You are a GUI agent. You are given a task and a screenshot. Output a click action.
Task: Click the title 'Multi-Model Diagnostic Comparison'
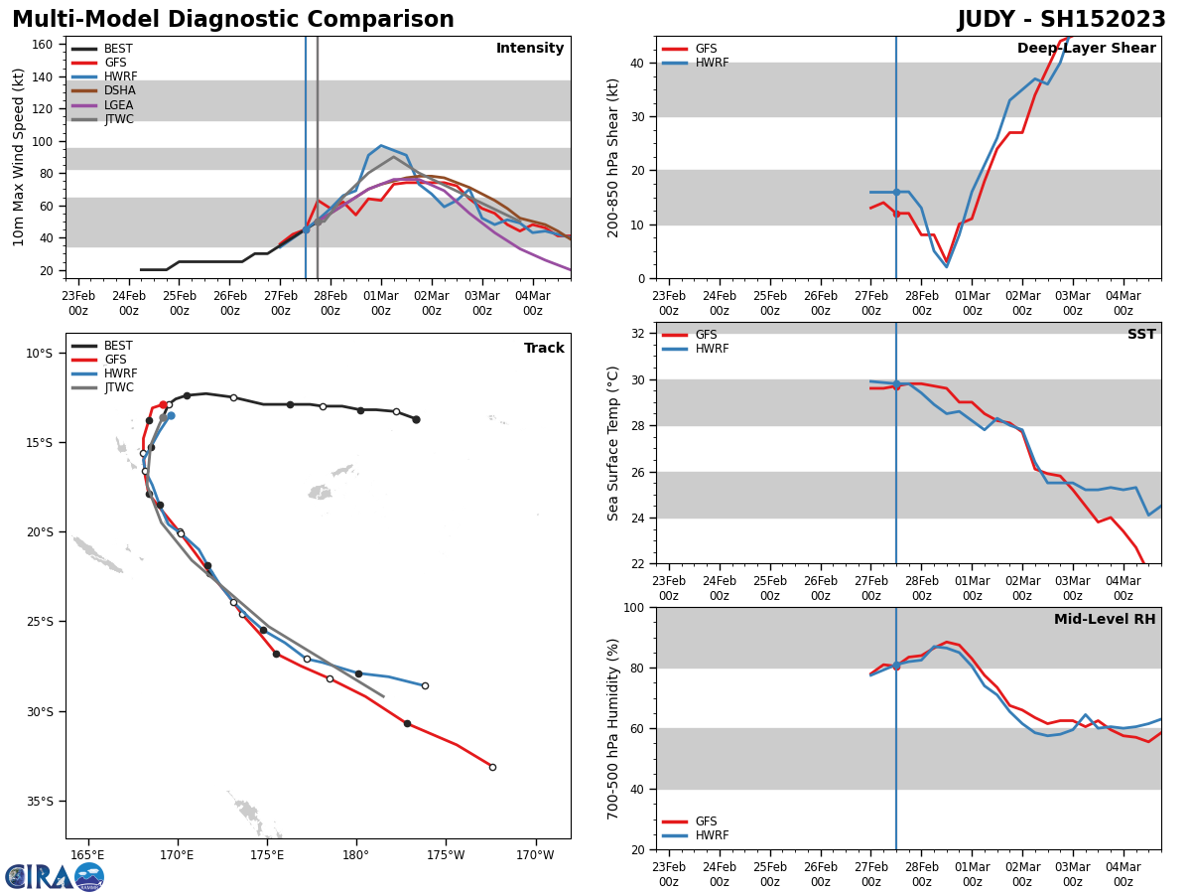(232, 20)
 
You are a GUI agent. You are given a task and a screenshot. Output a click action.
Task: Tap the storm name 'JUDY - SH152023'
(1061, 20)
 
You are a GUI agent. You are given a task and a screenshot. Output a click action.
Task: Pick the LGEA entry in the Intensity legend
(118, 105)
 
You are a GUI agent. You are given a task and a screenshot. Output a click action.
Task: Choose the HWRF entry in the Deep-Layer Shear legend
(711, 63)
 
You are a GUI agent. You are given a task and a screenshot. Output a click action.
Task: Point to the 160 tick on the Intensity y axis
(43, 45)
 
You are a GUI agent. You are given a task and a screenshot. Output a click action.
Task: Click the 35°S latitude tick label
(39, 802)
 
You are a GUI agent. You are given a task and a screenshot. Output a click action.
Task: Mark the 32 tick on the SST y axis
(640, 333)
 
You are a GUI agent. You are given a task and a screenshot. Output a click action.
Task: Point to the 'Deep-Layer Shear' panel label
(1086, 49)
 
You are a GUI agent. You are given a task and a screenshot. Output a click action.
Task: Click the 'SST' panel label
(1140, 335)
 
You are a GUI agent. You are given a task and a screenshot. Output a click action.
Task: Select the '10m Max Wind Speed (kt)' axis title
(19, 157)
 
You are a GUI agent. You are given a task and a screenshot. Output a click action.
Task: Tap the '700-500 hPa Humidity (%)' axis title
(614, 728)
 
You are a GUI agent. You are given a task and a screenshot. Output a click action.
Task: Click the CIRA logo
(55, 877)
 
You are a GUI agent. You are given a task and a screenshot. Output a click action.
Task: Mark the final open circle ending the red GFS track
(492, 767)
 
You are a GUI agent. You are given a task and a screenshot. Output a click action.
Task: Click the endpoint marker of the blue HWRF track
(425, 685)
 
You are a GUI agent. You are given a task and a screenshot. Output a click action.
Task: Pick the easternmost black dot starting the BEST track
(416, 419)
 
